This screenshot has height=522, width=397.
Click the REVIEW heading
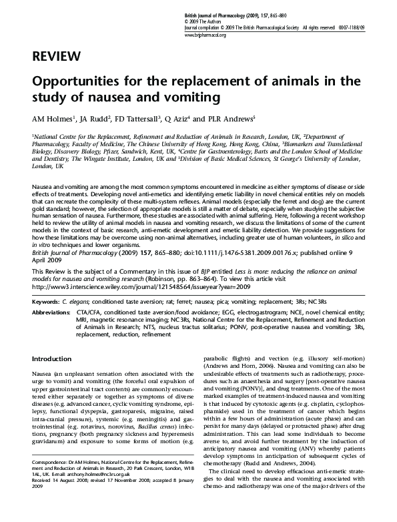57,56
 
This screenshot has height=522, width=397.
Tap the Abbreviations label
51,312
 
